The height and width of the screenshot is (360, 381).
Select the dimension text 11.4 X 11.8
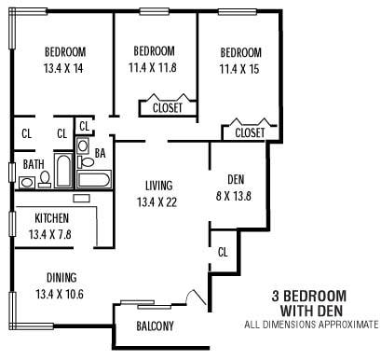pos(155,66)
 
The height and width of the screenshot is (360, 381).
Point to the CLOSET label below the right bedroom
pos(250,133)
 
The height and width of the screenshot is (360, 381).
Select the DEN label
pos(235,179)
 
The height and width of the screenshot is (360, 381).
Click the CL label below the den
pos(223,252)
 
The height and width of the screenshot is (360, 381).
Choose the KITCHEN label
pos(51,217)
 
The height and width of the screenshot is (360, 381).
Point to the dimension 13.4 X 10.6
pos(58,293)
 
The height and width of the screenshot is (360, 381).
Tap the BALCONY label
pos(155,325)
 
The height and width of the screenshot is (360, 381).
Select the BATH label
pos(33,164)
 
